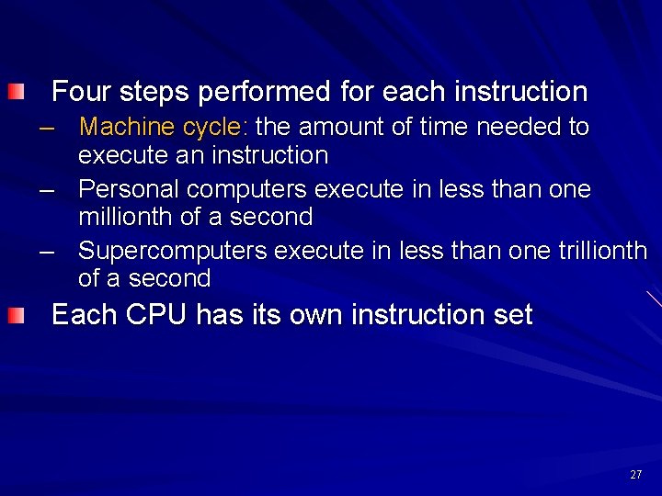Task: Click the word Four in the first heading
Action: tap(80, 92)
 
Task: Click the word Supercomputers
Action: tap(173, 251)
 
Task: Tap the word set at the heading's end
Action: tap(513, 315)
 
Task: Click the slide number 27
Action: tap(636, 475)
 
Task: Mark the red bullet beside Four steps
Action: tap(18, 92)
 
